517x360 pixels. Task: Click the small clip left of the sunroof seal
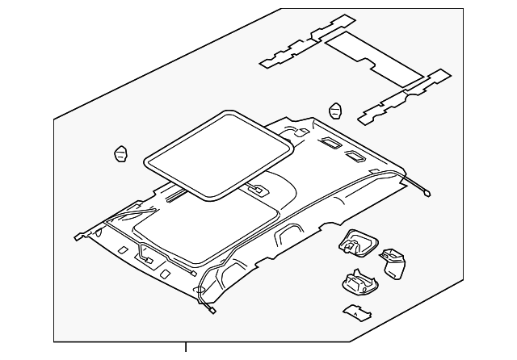[x=120, y=153]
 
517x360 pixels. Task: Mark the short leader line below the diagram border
[x=187, y=350]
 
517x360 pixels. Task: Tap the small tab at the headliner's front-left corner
[x=80, y=237]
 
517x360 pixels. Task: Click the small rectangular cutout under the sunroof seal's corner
[x=256, y=191]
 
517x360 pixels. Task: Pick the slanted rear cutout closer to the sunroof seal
[x=330, y=144]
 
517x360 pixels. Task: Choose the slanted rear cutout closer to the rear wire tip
[x=355, y=155]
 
